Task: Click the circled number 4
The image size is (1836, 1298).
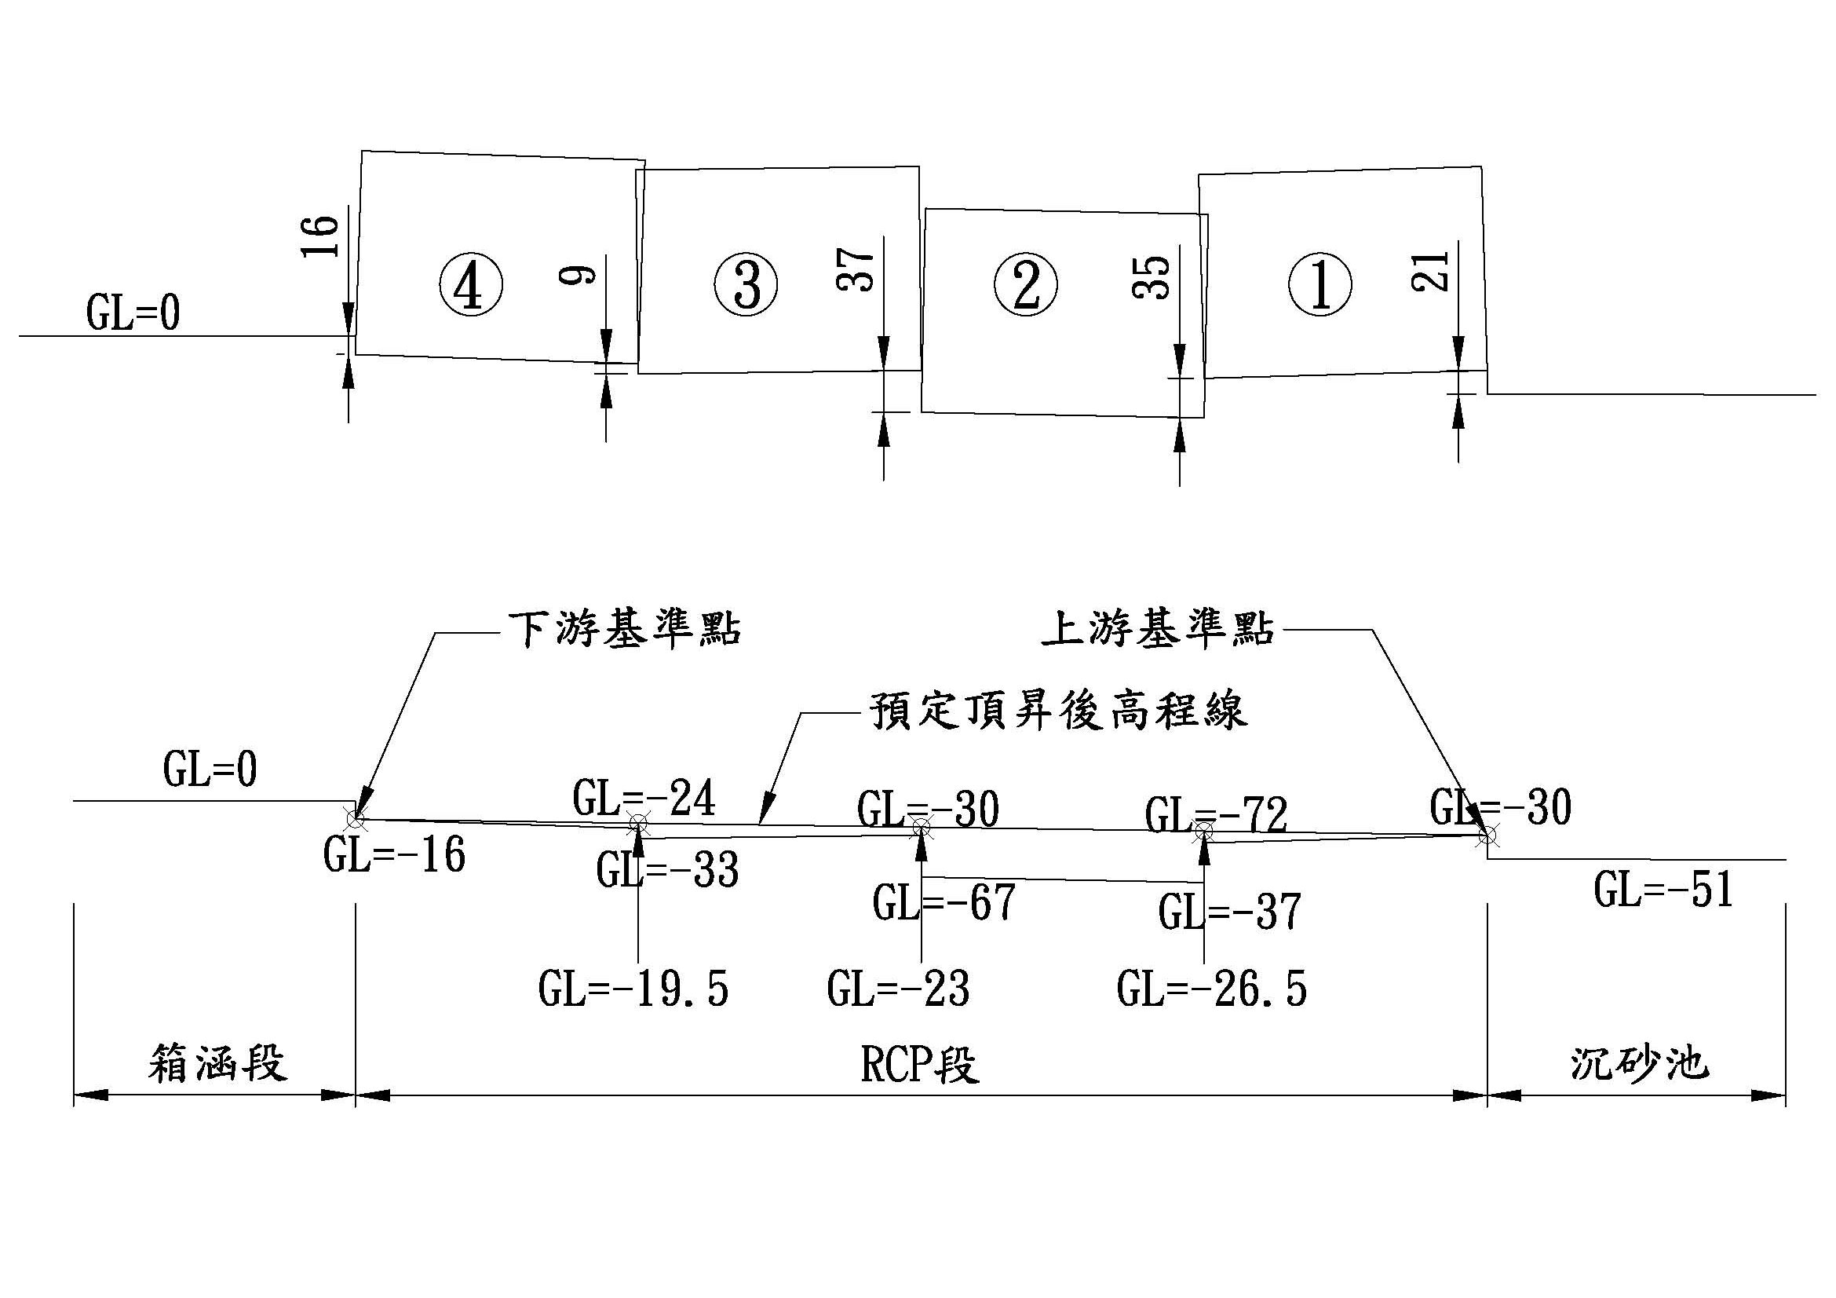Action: tap(470, 285)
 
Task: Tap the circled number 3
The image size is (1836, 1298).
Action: tap(746, 285)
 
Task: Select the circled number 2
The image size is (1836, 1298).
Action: tap(1025, 285)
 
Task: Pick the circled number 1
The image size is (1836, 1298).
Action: tap(1320, 285)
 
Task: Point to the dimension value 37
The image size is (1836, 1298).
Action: tap(856, 269)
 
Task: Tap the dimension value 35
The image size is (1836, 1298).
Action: tap(1152, 276)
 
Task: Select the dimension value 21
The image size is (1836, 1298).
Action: tap(1432, 271)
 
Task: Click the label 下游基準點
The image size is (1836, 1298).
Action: tap(625, 630)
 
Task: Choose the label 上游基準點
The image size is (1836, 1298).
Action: tap(1158, 630)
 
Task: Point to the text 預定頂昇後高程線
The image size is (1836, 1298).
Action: tap(1059, 710)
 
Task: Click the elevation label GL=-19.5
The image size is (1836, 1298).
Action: tap(633, 989)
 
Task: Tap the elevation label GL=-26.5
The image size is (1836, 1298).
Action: tap(1211, 989)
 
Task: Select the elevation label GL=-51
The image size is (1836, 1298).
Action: tap(1663, 890)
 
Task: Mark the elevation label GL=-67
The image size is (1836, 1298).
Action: tap(944, 903)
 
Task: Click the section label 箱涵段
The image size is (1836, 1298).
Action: tap(217, 1065)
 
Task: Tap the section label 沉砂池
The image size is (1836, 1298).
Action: tap(1639, 1065)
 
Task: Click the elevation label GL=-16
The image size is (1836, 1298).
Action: tap(394, 855)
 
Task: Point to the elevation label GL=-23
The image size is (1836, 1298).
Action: tap(898, 989)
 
